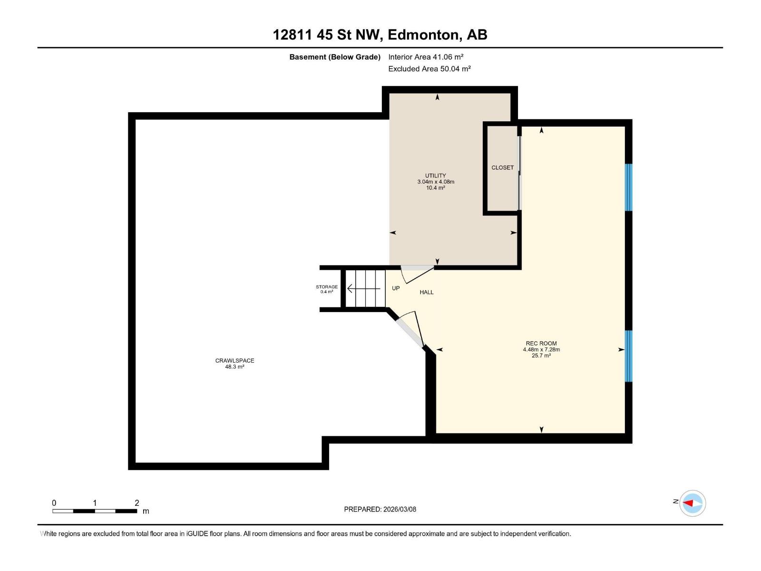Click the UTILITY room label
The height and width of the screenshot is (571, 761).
coord(436,176)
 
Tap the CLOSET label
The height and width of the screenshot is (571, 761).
coord(502,168)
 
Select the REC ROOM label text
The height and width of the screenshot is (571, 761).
coord(541,344)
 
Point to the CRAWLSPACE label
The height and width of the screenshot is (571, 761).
coord(234,361)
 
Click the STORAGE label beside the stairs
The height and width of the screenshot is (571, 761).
coord(327,287)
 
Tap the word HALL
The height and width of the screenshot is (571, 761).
coord(427,292)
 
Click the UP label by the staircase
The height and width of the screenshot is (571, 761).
coord(396,288)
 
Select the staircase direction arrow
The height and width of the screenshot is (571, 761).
coord(364,288)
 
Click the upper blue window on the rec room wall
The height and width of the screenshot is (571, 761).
coord(629,187)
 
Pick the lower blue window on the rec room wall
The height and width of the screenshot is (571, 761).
coord(629,356)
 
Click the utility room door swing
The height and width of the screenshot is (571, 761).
coord(417,275)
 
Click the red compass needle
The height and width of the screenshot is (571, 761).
coord(687,503)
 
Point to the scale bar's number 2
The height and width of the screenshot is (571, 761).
coord(137,502)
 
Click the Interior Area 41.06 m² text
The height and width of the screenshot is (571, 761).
coord(426,57)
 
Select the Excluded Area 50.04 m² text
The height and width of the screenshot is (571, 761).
coord(429,69)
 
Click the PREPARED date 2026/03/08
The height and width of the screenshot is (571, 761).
coord(400,509)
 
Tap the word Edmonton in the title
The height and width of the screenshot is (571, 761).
coord(425,35)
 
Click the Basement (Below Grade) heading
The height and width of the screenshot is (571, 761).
coord(335,57)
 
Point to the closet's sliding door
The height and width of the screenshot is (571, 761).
coord(519,173)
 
